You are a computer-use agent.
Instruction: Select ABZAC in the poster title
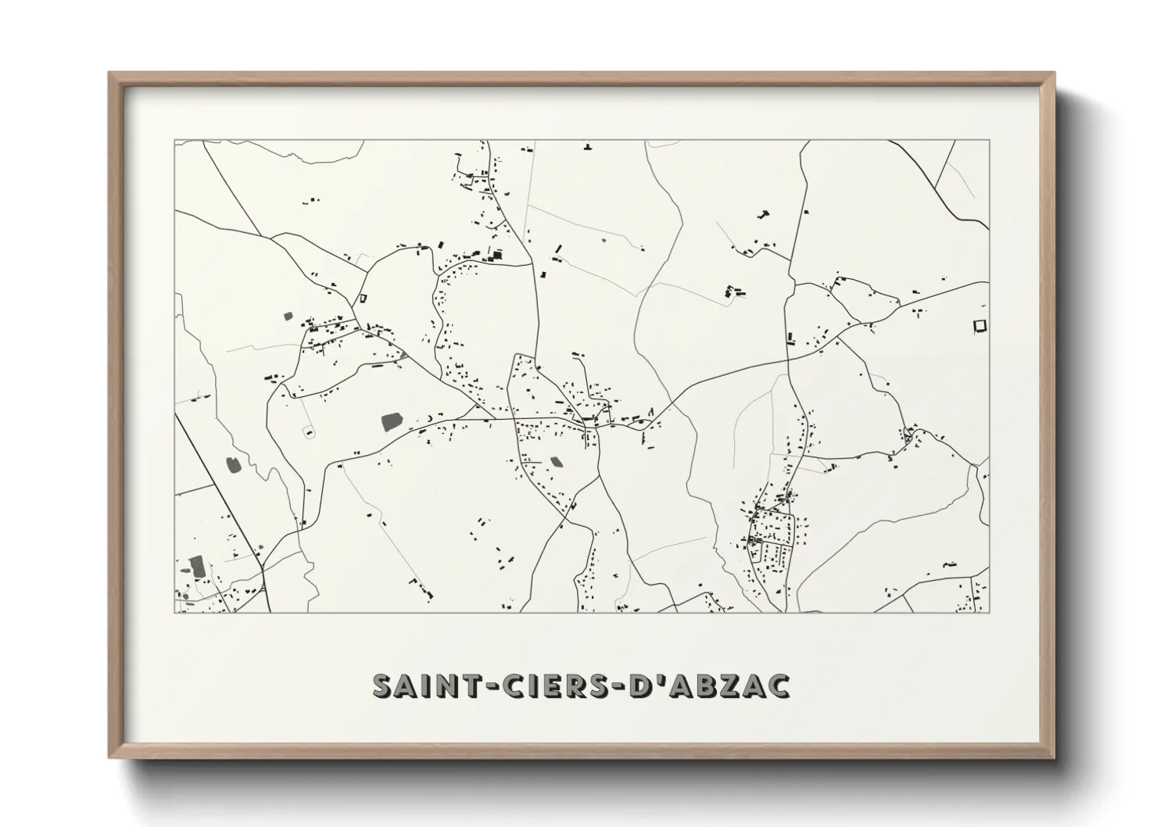pos(724,686)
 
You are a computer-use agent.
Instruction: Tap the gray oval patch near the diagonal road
pos(233,465)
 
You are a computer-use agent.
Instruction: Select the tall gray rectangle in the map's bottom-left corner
pos(195,566)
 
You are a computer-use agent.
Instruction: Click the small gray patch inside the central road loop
pos(556,462)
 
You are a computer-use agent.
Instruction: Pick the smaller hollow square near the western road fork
pos(363,297)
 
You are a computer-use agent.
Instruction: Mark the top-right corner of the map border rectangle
pos(989,140)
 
